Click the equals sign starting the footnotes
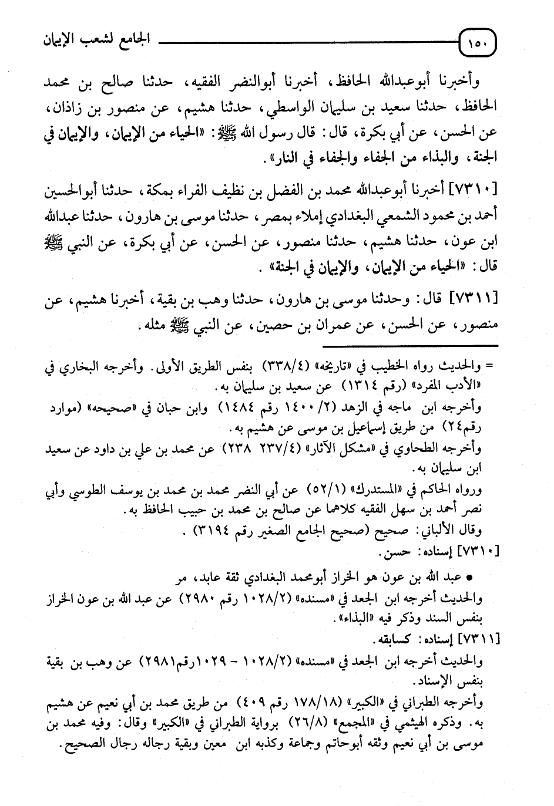tap(488, 366)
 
